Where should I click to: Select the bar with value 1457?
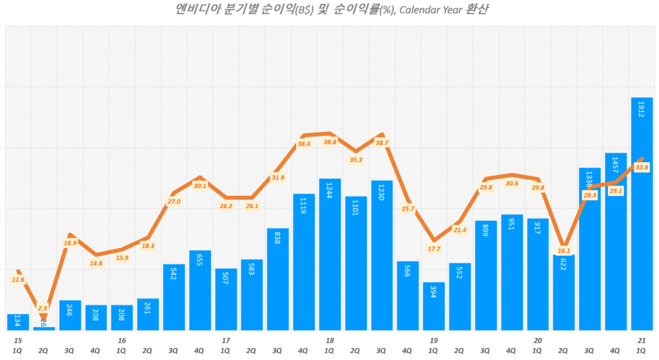pos(615,242)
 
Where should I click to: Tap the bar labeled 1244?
pos(329,254)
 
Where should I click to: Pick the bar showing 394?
pos(433,306)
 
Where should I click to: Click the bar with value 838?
pos(278,279)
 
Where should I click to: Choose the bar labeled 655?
pos(200,290)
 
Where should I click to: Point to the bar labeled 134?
pos(18,322)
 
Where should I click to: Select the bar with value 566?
pos(407,296)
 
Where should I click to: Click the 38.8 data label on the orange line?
pos(330,142)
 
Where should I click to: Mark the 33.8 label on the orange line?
pos(642,167)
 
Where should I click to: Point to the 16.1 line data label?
pos(564,251)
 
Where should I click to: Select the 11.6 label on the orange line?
pos(18,279)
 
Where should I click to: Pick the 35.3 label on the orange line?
pos(356,160)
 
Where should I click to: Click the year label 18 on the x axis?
pos(329,340)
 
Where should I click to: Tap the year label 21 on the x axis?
pos(642,340)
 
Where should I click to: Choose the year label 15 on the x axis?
pos(18,340)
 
